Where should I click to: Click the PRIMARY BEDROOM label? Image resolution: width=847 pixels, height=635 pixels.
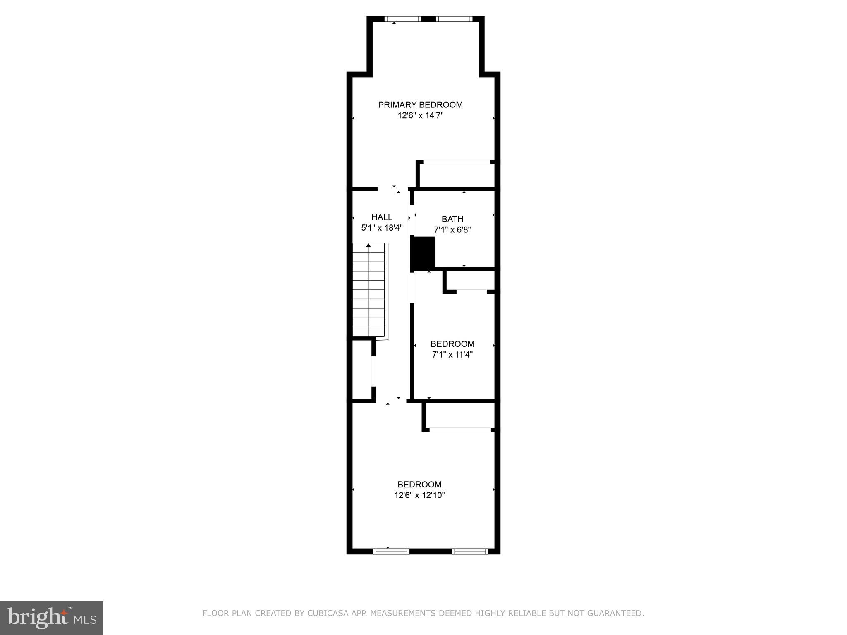420,105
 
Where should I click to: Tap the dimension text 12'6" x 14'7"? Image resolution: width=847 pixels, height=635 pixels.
420,116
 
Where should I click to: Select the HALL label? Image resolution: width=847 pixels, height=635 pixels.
382,217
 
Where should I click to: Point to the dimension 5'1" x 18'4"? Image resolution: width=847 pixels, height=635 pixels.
382,228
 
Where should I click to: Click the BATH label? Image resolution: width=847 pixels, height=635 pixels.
452,219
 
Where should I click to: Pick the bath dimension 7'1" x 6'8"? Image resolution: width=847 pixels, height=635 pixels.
452,230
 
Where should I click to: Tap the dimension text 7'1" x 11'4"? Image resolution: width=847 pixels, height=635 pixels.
452,355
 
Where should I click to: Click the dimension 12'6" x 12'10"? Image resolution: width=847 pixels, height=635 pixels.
419,495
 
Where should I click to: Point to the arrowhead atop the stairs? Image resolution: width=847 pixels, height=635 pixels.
368,246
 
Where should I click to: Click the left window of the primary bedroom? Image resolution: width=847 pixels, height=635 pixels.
402,19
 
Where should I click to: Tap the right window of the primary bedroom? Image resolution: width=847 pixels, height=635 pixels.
454,19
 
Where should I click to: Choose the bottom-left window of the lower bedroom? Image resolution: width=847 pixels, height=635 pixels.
391,551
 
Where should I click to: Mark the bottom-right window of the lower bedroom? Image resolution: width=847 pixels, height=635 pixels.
470,551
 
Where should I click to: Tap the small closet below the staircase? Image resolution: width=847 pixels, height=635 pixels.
362,369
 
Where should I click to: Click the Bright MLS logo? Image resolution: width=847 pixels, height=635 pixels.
52,618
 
